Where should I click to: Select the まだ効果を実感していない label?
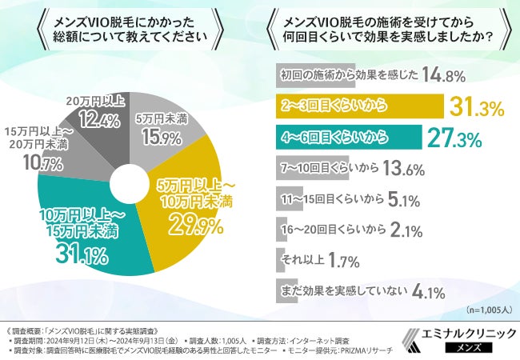(x=344, y=290)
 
